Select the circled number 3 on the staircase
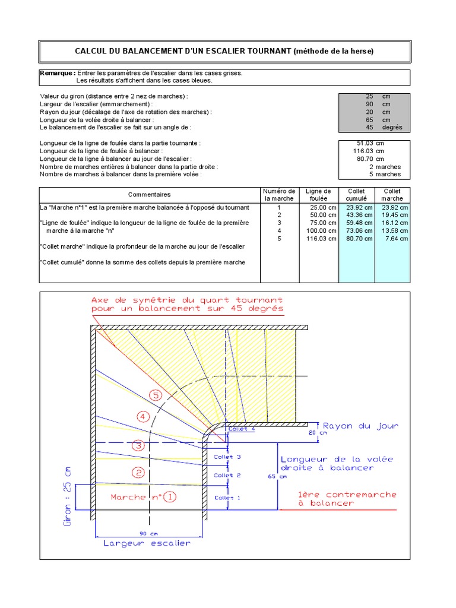coord(138,445)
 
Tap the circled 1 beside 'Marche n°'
coord(170,496)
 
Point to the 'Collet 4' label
coord(242,428)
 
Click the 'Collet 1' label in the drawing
coord(227,498)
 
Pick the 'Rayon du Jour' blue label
coord(360,426)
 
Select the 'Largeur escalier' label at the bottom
coord(147,543)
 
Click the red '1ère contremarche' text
coord(347,494)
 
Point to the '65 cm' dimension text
coord(278,476)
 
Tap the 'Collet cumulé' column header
coord(356,194)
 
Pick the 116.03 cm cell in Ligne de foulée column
coord(321,238)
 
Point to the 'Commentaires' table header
coord(149,194)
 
